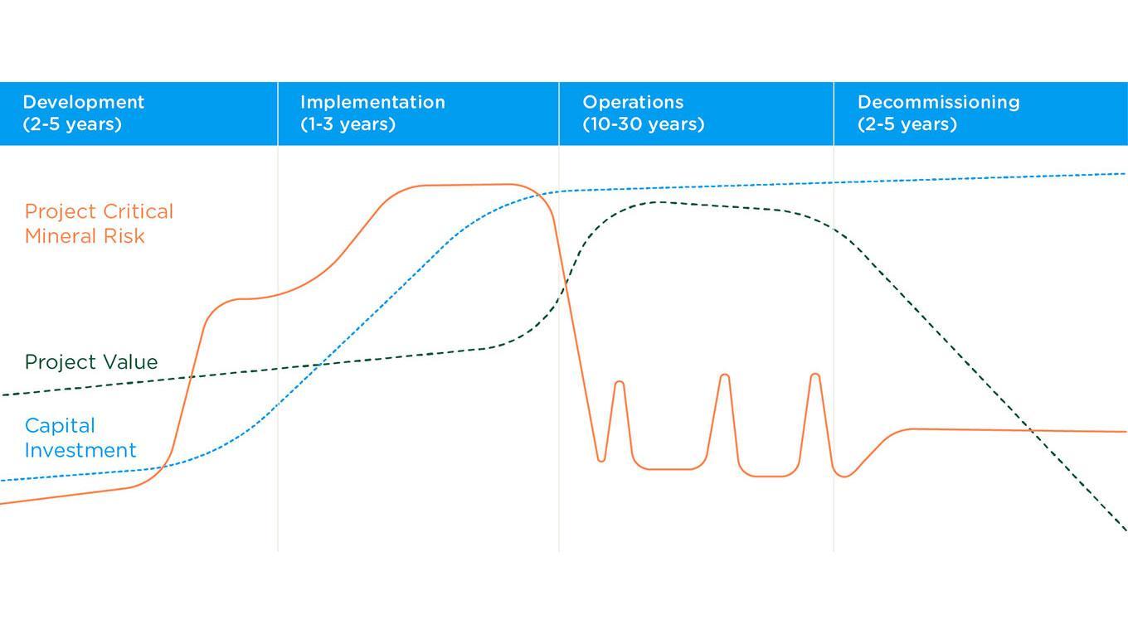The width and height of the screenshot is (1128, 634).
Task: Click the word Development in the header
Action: [84, 102]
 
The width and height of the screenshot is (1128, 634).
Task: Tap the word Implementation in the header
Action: [372, 102]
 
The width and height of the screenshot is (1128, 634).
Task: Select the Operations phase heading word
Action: [633, 102]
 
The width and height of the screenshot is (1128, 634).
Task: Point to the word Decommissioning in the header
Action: [939, 102]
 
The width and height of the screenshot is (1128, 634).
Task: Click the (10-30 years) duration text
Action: [644, 124]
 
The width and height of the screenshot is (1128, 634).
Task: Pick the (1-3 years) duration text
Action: [348, 124]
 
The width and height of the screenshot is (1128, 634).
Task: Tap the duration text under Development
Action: [72, 124]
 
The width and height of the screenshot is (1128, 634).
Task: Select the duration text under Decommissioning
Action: [907, 124]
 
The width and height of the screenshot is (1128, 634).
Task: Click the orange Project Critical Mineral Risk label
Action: [99, 224]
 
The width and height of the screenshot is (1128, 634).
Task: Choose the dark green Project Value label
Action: [91, 362]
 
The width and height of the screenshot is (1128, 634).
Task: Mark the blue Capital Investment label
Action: [80, 438]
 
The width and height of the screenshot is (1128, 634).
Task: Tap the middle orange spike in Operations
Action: [725, 375]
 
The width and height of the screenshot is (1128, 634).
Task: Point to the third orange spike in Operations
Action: [815, 375]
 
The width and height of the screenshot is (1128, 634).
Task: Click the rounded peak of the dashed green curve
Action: [657, 202]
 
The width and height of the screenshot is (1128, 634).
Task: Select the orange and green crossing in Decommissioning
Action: [1031, 430]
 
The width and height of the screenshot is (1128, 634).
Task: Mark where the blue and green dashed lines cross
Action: [318, 365]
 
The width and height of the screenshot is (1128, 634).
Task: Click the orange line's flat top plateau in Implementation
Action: [466, 185]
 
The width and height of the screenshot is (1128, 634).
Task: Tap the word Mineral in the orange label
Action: [60, 236]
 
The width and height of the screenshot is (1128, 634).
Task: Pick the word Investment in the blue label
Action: [80, 450]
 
